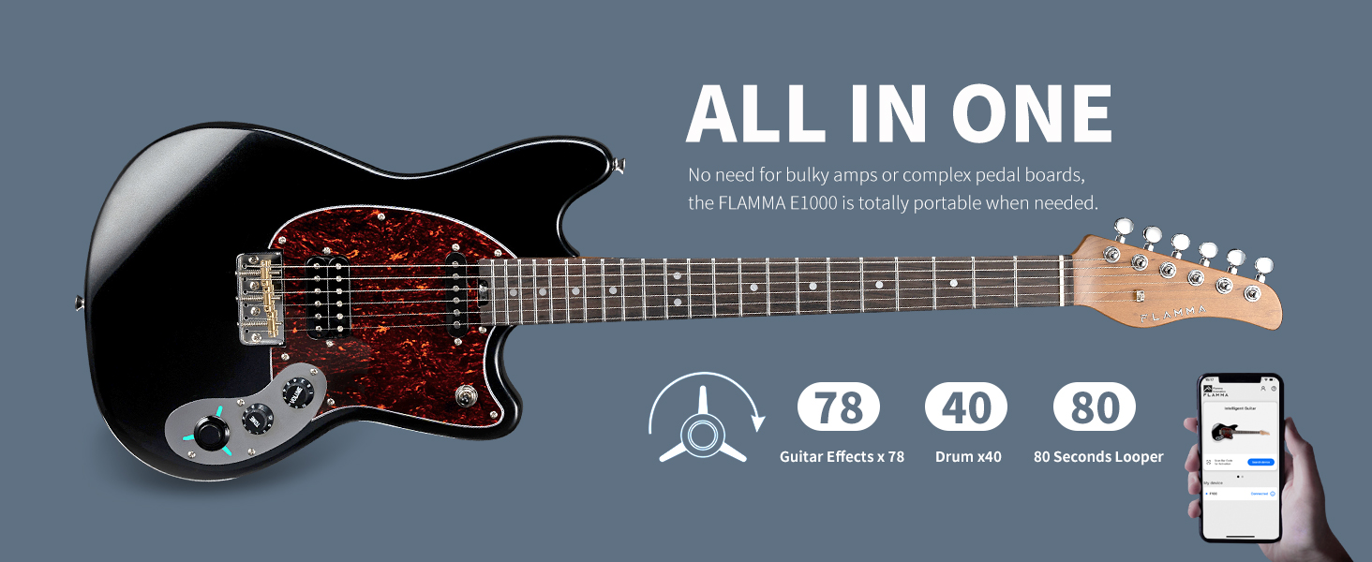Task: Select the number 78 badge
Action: point(839,407)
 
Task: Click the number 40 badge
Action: point(966,407)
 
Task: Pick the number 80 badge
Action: point(1095,407)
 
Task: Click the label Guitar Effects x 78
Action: point(842,457)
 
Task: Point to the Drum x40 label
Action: point(968,457)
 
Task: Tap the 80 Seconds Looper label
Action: point(1098,457)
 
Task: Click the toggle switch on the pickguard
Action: point(461,396)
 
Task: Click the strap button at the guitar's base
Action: point(77,302)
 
